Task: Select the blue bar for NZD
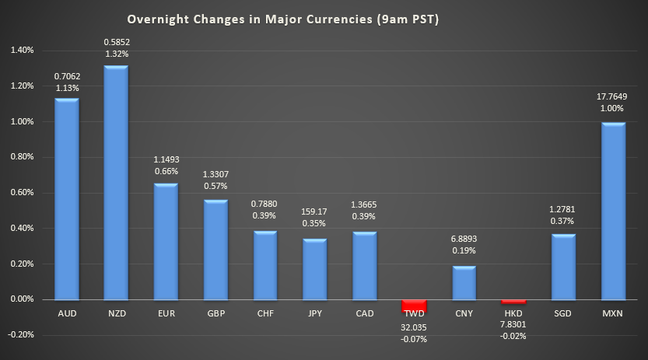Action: coord(116,183)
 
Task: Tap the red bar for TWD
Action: coord(414,305)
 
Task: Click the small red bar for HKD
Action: coord(513,301)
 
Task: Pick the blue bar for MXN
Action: coord(614,211)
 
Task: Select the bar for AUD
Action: coord(66,199)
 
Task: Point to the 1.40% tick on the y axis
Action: coord(22,51)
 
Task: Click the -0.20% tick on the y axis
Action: coord(22,335)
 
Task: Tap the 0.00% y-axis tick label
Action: coord(22,299)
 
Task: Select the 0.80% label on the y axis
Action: coord(22,157)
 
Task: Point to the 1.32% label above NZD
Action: coord(116,54)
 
